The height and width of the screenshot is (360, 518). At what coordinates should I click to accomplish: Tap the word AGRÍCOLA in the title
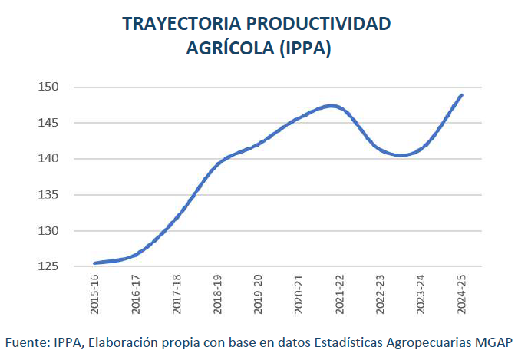pos(230,48)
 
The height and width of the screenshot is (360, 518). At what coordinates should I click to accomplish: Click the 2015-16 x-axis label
pos(95,296)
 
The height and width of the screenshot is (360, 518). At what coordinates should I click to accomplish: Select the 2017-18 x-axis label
pos(177,296)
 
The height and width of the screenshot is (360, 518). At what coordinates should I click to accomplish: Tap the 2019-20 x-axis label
pos(258,296)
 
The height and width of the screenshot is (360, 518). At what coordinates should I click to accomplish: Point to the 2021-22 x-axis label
pos(339,296)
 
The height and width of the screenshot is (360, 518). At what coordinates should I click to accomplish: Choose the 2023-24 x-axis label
pos(421,296)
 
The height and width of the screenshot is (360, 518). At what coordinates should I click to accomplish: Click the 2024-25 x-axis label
pos(461,296)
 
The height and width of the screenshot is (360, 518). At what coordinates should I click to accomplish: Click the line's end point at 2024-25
pos(461,95)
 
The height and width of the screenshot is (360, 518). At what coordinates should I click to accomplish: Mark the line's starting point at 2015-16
pos(94,263)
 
